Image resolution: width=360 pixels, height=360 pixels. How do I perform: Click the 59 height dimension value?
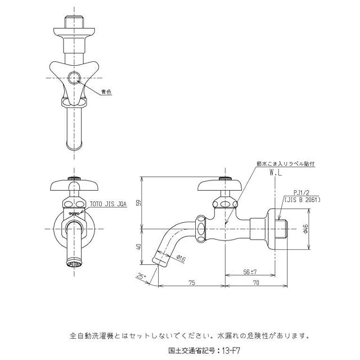coord(139,203)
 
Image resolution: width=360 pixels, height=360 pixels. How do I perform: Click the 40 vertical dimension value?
coord(139,247)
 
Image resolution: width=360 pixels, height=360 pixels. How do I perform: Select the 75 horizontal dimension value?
coord(192,282)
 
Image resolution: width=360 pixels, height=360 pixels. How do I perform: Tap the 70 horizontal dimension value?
coord(256,282)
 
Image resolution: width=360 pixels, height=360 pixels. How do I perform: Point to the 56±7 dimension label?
coord(250,272)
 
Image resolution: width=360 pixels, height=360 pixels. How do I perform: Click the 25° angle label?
coord(141,276)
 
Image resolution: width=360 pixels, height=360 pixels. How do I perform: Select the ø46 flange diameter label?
coord(305,229)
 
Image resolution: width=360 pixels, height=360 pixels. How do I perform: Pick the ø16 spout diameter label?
coord(181,259)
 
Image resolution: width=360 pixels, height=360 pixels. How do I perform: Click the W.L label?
coord(276,173)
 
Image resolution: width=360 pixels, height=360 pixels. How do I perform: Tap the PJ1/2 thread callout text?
coord(301,193)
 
